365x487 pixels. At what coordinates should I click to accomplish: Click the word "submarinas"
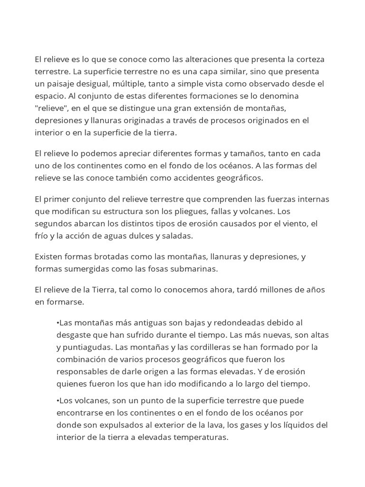(189, 269)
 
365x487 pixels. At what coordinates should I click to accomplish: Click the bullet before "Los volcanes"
(58, 400)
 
